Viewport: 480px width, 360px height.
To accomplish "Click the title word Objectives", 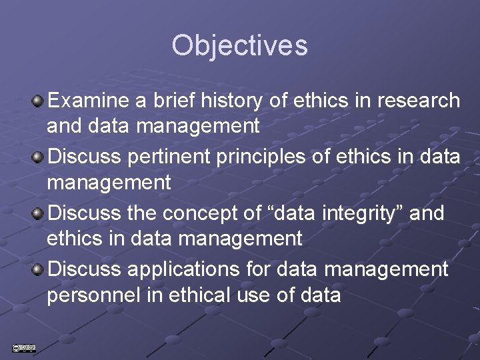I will point(239,46).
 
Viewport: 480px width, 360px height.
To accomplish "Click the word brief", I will point(171,101).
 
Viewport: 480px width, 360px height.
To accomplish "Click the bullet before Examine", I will point(39,101).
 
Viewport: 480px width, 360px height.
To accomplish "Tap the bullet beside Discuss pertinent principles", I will point(39,157).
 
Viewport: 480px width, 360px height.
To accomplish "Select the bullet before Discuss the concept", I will point(39,213).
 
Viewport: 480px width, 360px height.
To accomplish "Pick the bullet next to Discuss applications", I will point(39,270).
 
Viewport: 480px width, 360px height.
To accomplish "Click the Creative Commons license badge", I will point(23,347).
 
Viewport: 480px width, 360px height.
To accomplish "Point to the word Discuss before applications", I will point(85,269).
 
